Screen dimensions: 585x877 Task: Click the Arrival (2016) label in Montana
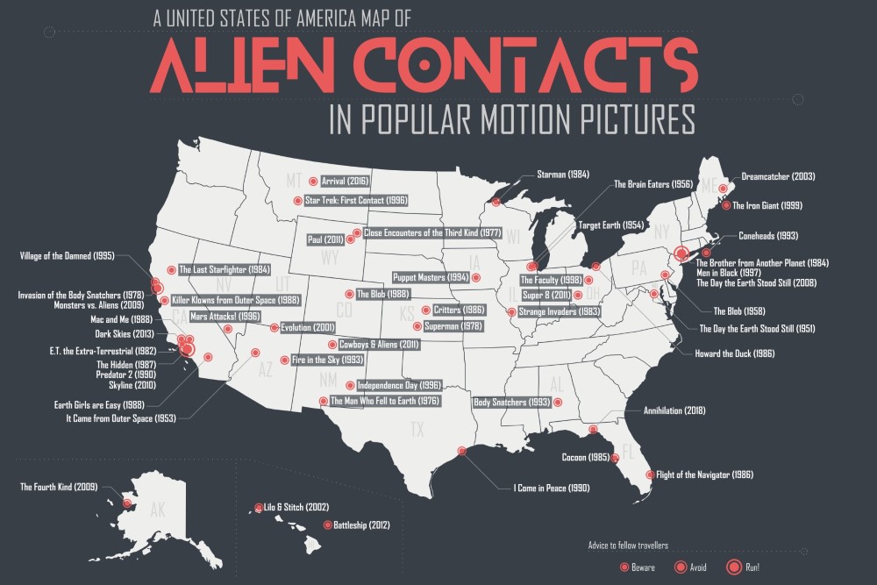pyautogui.click(x=346, y=182)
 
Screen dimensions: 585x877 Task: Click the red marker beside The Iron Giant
pyautogui.click(x=725, y=206)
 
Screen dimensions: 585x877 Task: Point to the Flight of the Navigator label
pyautogui.click(x=704, y=474)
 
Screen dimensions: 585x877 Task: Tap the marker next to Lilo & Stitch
pyautogui.click(x=259, y=507)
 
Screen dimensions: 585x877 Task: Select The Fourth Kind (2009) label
pyautogui.click(x=58, y=486)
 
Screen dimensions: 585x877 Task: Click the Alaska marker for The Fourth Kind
pyautogui.click(x=127, y=503)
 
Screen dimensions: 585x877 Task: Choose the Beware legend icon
pyautogui.click(x=623, y=567)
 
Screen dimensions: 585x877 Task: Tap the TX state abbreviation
pyautogui.click(x=417, y=430)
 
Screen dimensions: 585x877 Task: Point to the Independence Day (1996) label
pyautogui.click(x=398, y=385)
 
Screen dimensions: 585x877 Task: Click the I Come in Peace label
pyautogui.click(x=552, y=487)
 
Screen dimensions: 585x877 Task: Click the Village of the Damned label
pyautogui.click(x=67, y=256)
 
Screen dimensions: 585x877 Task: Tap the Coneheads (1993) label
pyautogui.click(x=768, y=235)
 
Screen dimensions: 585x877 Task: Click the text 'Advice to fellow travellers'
pyautogui.click(x=628, y=546)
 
